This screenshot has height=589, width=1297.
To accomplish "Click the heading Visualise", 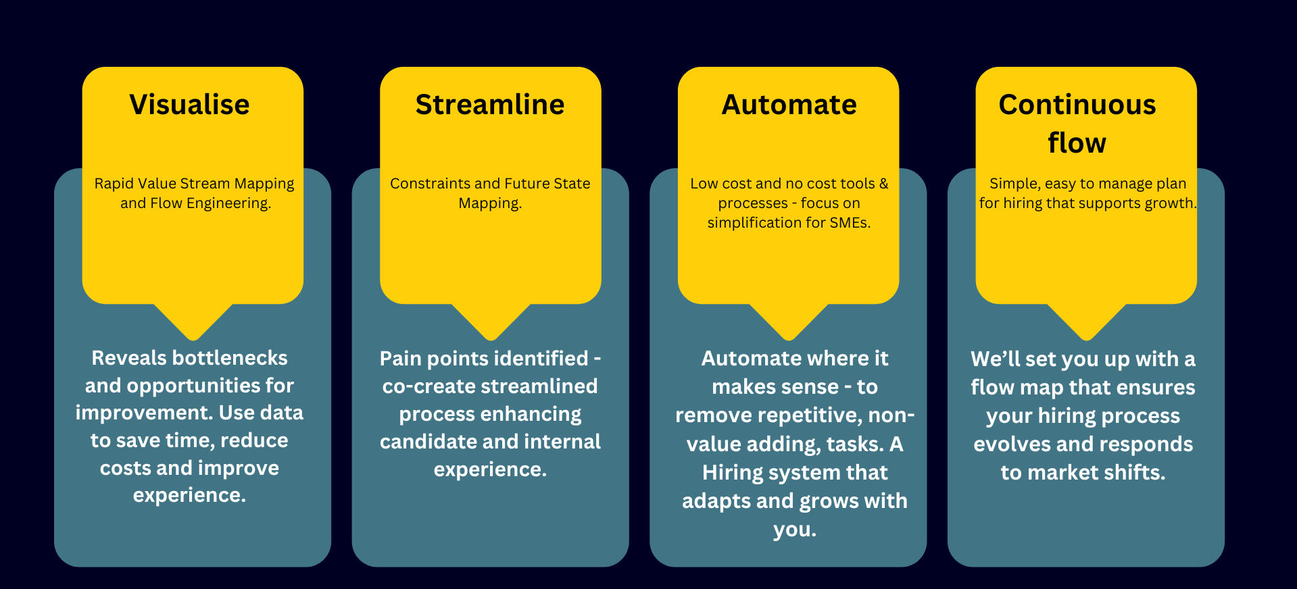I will coord(189,105).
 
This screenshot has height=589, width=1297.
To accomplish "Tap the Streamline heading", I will coord(490,105).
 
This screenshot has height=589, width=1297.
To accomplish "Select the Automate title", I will coord(789,105).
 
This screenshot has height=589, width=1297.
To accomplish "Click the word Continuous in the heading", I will coord(1077,105).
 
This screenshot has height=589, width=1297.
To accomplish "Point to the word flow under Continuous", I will coord(1077,143).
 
